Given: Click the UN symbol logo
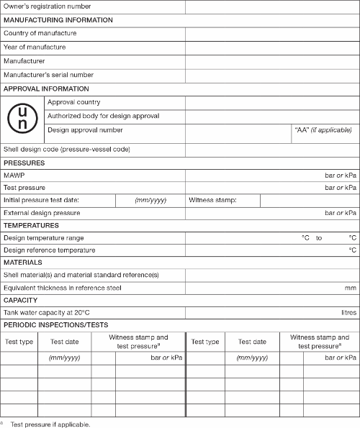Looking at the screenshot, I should [x=23, y=117].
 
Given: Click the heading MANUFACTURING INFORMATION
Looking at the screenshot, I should [x=58, y=20].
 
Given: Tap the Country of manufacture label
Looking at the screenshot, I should [x=40, y=34].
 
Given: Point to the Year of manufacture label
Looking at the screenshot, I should [x=35, y=47].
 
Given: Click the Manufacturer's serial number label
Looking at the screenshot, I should [x=48, y=75].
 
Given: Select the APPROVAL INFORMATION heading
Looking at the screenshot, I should [x=46, y=89].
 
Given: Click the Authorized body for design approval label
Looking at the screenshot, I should [x=103, y=116].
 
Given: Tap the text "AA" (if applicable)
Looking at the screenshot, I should [x=324, y=130].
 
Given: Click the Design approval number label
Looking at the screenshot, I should [x=85, y=130].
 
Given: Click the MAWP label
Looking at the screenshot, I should [x=14, y=176].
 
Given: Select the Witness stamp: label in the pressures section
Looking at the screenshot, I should [x=212, y=200].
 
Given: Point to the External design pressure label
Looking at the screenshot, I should [x=52, y=213].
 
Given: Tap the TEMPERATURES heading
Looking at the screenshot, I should [x=31, y=226].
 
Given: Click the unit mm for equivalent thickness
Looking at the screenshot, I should [x=350, y=288].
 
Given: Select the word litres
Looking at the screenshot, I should [x=348, y=313].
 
